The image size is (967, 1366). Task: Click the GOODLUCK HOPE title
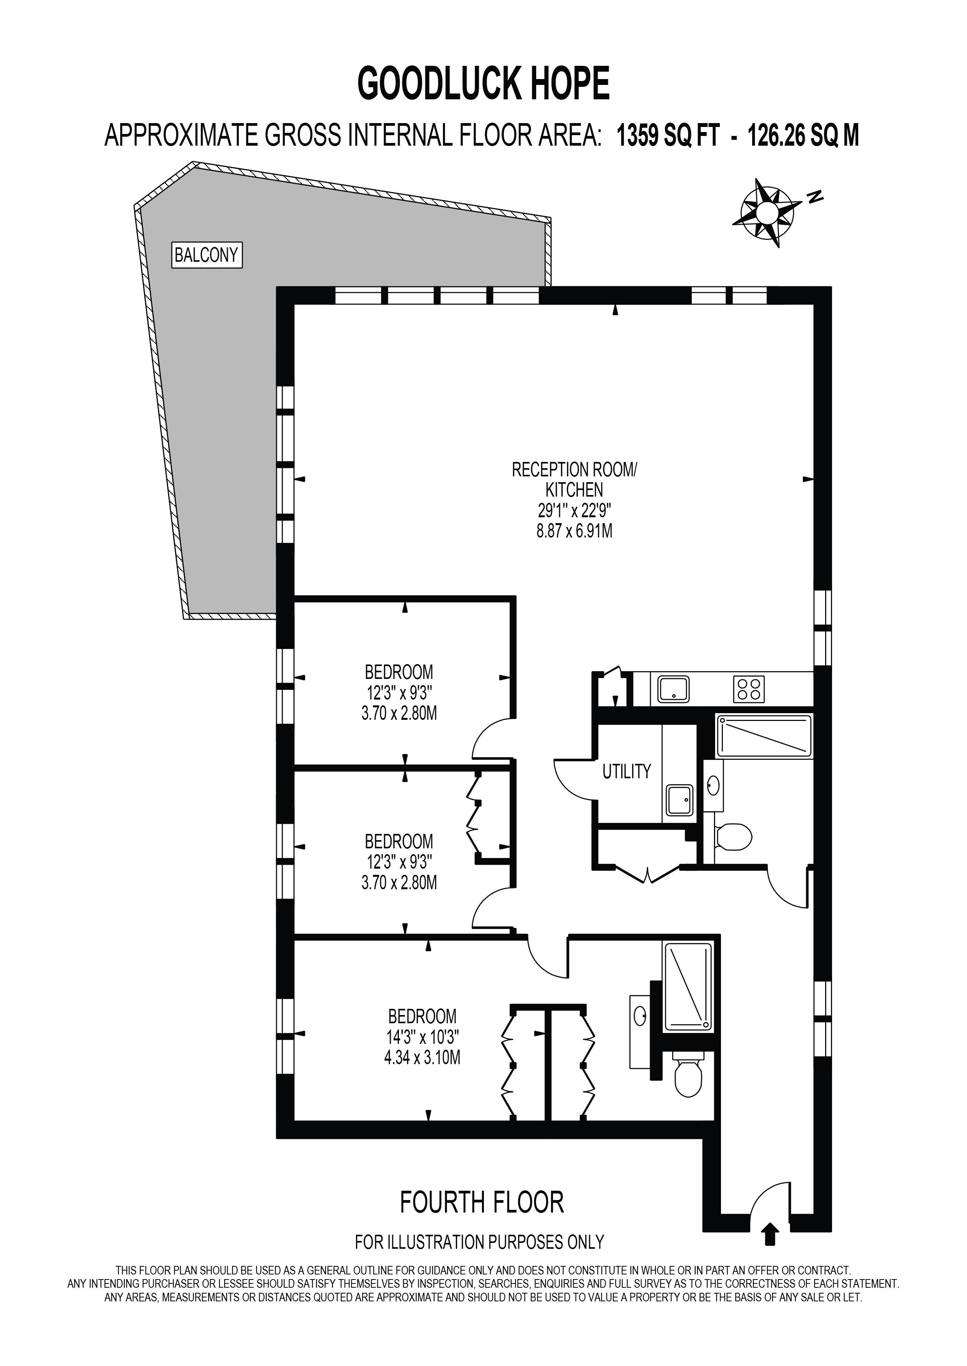(483, 84)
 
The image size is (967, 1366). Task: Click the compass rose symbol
(767, 212)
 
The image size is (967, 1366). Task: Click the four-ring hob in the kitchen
(749, 689)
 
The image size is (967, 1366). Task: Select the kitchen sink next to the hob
(673, 689)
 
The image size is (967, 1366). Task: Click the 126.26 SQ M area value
(803, 136)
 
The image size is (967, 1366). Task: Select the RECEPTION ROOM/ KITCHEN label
(574, 479)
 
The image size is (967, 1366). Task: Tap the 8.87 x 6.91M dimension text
(574, 531)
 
